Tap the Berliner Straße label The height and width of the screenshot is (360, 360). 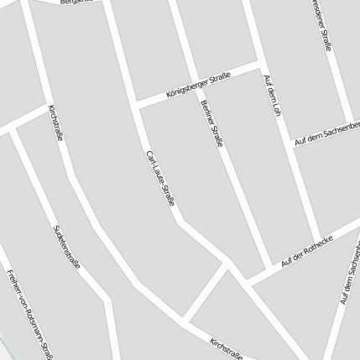[213, 124]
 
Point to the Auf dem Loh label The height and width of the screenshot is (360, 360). [270, 96]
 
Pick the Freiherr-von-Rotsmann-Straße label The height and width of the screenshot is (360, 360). [29, 316]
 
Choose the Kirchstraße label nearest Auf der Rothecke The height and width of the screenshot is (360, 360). [227, 348]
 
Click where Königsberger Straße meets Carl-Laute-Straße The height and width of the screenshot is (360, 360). [137, 104]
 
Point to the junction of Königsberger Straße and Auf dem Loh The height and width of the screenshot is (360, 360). [258, 64]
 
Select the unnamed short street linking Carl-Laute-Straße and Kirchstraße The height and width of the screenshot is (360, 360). [205, 293]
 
